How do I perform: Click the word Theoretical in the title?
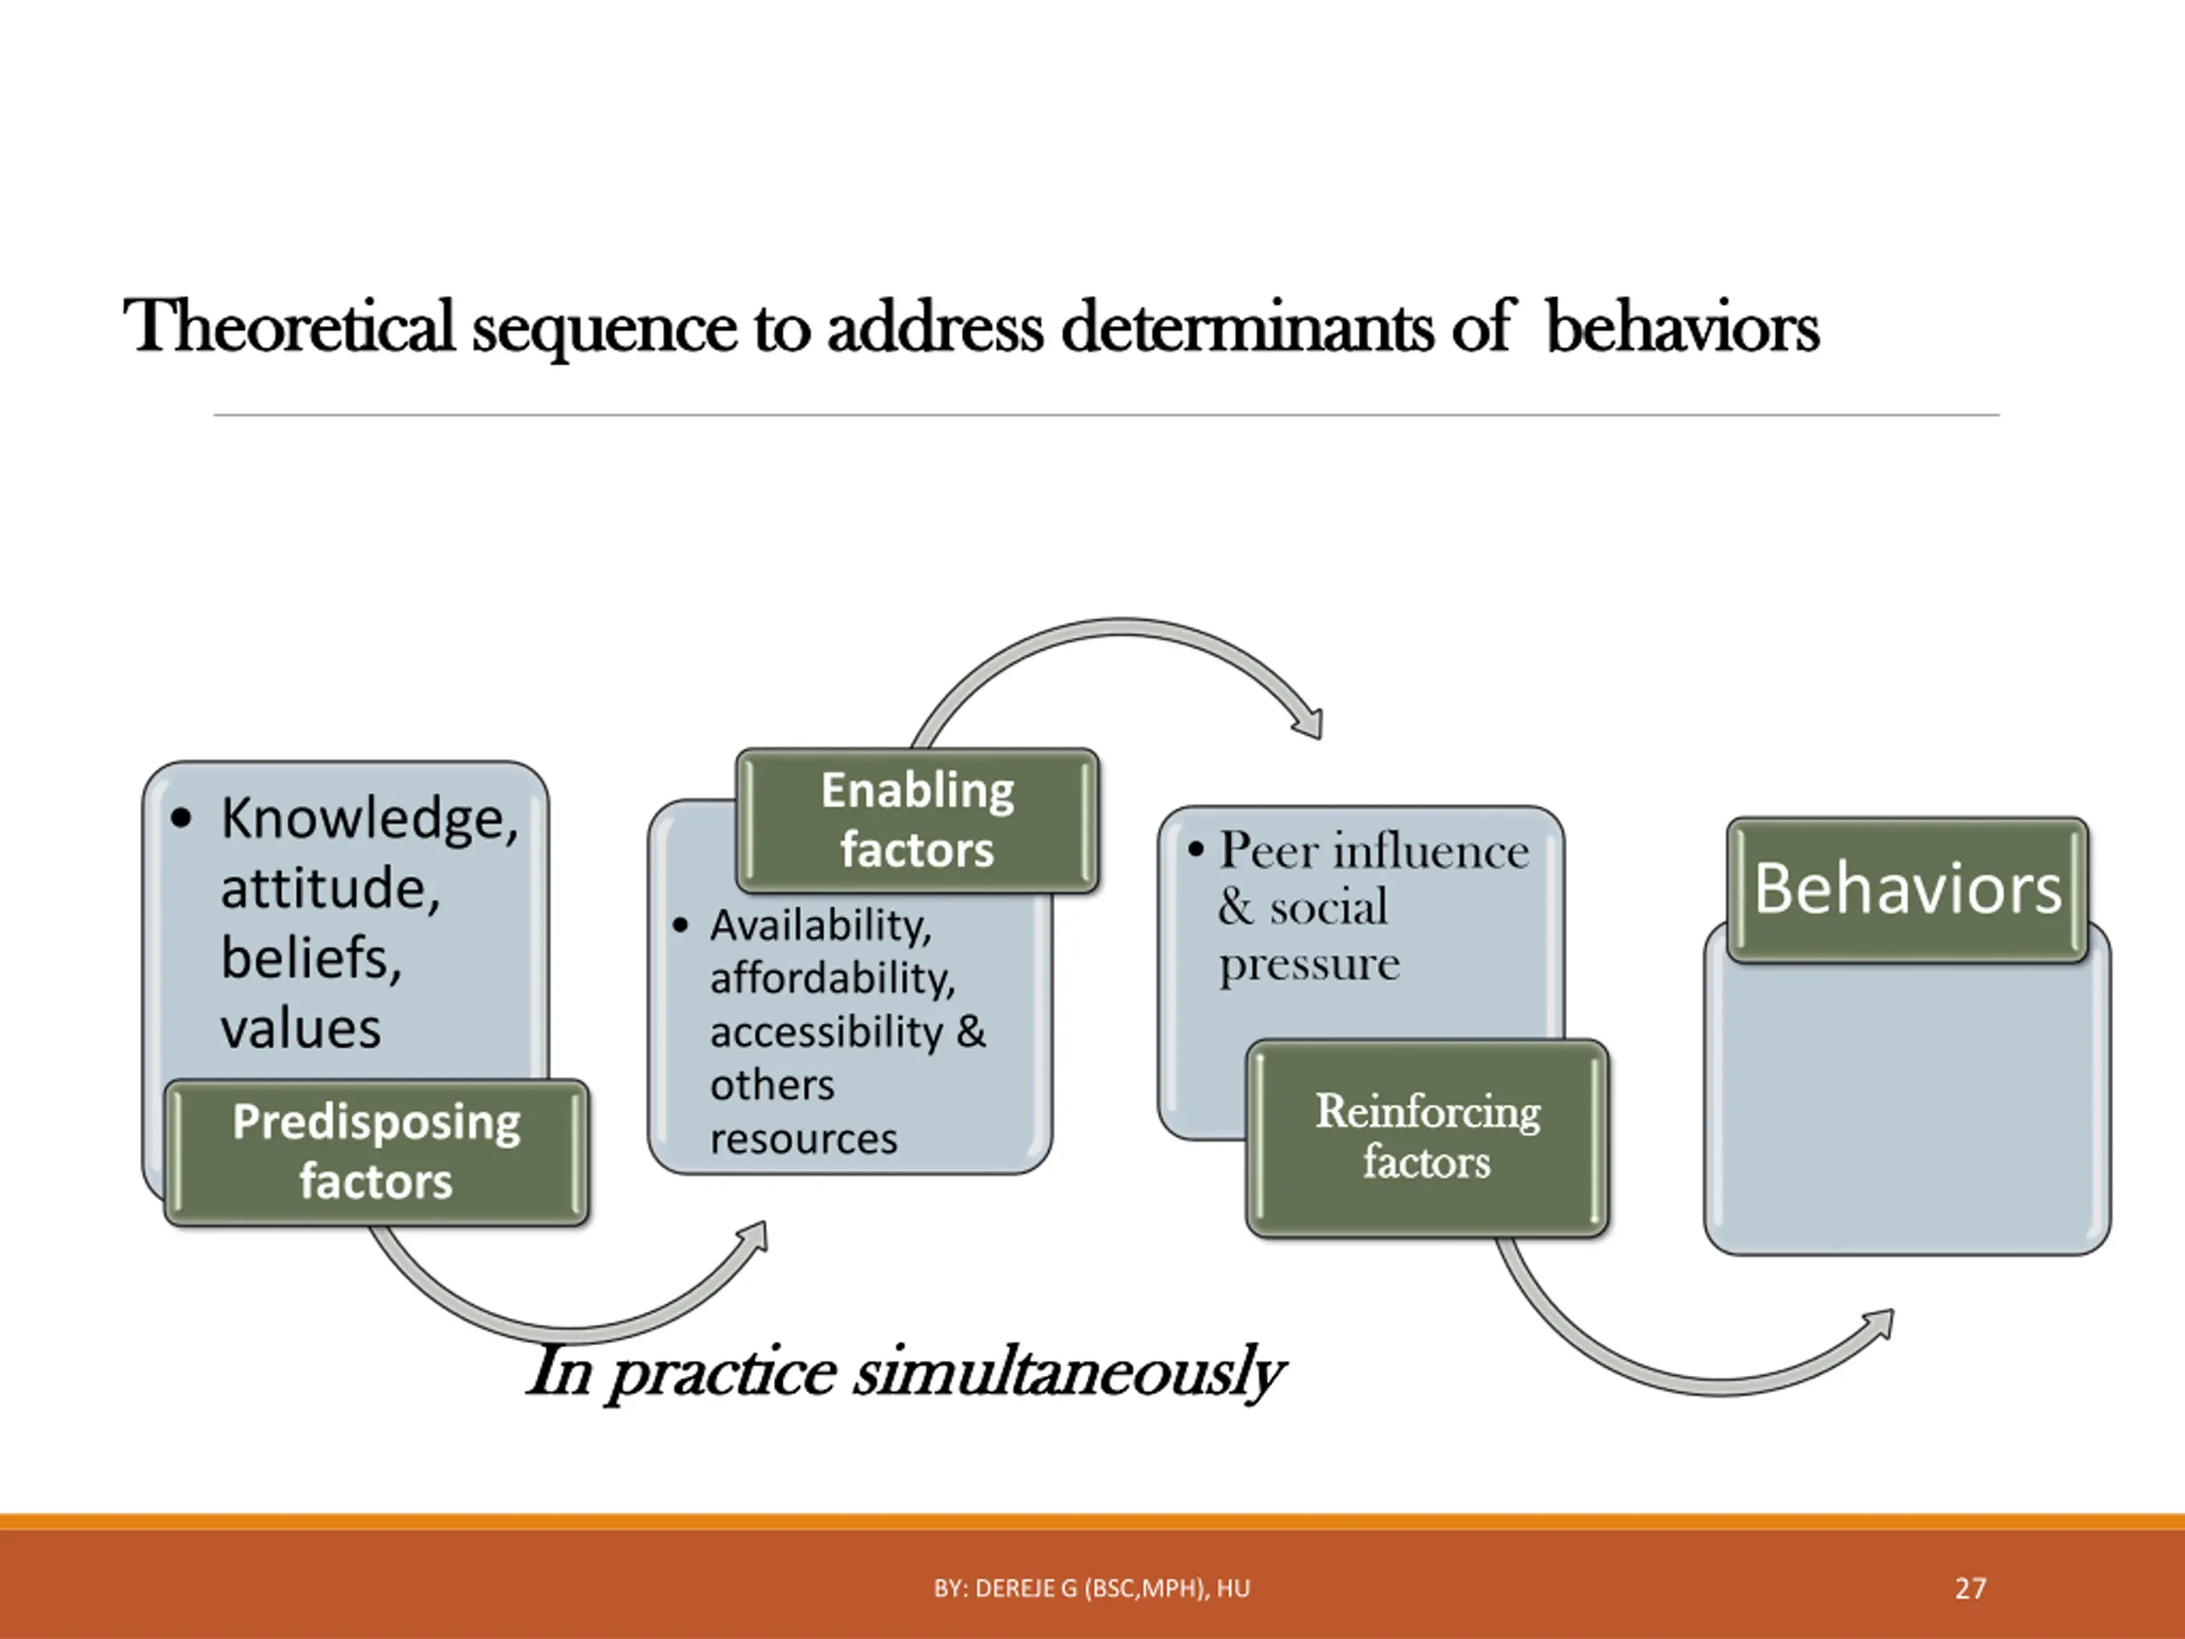288,327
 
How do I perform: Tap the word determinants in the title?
1247,327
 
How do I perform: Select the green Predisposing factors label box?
376,1152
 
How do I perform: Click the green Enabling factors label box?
918,820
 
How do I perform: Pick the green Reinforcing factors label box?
1427,1137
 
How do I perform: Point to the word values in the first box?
300,1029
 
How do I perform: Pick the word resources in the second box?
803,1139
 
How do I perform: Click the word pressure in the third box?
1308,963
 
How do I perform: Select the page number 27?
1971,1589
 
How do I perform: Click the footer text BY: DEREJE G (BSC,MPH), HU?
1092,1589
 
